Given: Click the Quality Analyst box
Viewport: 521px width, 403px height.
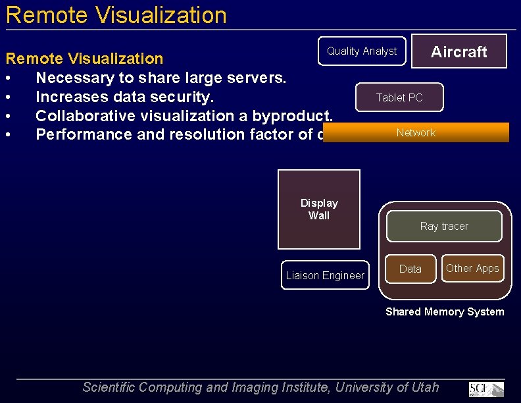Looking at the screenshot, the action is pyautogui.click(x=362, y=51).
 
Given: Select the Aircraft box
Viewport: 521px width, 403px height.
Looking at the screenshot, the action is pyautogui.click(x=459, y=51).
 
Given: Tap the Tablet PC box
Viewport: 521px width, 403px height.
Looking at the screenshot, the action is pyautogui.click(x=399, y=97).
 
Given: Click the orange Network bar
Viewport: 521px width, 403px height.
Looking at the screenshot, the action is pyautogui.click(x=416, y=132).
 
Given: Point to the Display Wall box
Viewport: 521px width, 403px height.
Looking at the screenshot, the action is pyautogui.click(x=319, y=209).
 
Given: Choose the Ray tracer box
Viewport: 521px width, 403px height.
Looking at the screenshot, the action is pyautogui.click(x=444, y=226).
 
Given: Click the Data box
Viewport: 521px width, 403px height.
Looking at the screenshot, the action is pyautogui.click(x=410, y=269).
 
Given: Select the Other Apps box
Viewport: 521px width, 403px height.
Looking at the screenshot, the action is pyautogui.click(x=472, y=268).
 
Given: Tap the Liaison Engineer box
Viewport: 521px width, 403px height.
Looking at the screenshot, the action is pyautogui.click(x=325, y=275).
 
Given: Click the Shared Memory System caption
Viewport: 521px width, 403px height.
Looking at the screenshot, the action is pyautogui.click(x=445, y=311).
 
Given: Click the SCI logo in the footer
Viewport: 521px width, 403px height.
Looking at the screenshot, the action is pyautogui.click(x=486, y=389).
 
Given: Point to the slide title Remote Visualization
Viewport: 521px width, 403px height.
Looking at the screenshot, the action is pyautogui.click(x=116, y=15).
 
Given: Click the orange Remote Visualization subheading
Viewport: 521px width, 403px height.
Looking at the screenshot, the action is pyautogui.click(x=84, y=59).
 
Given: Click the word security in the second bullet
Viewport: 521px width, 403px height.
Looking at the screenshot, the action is pyautogui.click(x=186, y=97).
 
